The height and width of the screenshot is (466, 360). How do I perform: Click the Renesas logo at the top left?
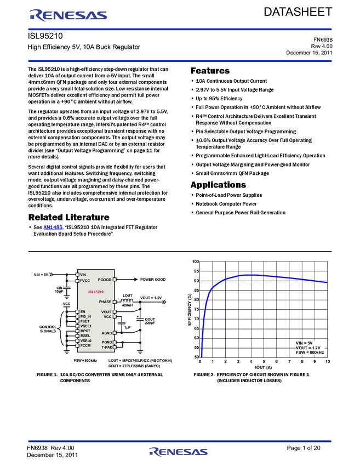(68, 15)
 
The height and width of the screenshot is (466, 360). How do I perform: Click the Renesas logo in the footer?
(178, 452)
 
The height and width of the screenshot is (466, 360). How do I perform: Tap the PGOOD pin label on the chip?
(105, 280)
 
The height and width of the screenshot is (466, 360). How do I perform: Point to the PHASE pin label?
(105, 302)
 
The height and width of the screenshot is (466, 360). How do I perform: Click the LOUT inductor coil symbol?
(127, 301)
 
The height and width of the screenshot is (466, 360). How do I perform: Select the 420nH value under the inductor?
(128, 305)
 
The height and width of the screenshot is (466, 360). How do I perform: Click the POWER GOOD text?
(152, 280)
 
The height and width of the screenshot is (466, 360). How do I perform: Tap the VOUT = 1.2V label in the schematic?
(151, 298)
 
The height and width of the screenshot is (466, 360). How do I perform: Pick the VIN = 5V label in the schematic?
(42, 274)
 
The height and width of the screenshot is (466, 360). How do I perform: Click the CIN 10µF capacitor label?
(59, 289)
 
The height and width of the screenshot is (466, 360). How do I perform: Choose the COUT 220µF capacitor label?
(150, 322)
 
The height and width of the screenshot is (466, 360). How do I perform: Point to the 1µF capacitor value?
(127, 327)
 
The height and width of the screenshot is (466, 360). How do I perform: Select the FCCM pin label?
(85, 345)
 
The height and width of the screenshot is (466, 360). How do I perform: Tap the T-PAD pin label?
(106, 347)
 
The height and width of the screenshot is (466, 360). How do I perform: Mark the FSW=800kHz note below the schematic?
(85, 360)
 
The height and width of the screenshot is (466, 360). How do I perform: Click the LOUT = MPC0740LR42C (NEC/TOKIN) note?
(144, 360)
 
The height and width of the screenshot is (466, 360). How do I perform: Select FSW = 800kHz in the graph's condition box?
(310, 353)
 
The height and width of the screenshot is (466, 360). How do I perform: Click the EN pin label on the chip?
(83, 311)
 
